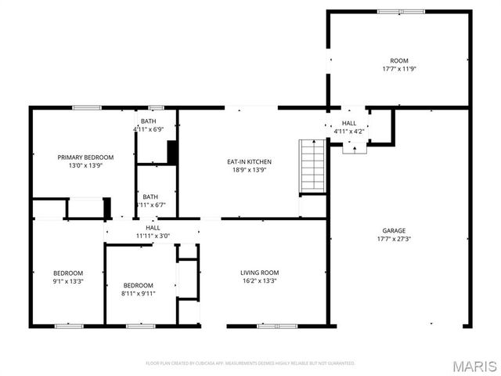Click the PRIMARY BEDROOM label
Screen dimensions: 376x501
pyautogui.click(x=86, y=157)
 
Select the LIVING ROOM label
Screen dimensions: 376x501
pyautogui.click(x=259, y=273)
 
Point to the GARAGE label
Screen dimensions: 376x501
pyautogui.click(x=394, y=231)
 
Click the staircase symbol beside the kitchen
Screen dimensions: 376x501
pyautogui.click(x=312, y=166)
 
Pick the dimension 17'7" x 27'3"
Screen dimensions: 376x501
pyautogui.click(x=394, y=240)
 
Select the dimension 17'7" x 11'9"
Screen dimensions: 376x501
pyautogui.click(x=399, y=69)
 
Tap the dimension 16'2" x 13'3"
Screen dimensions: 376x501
pyautogui.click(x=259, y=280)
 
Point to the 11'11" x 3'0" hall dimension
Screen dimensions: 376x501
pyautogui.click(x=153, y=235)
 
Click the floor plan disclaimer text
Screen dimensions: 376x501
pyautogui.click(x=250, y=363)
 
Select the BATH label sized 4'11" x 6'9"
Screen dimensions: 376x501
pyautogui.click(x=149, y=121)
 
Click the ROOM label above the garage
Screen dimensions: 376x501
pyautogui.click(x=399, y=60)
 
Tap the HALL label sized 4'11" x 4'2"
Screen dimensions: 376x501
pyautogui.click(x=349, y=123)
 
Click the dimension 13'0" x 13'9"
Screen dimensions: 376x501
pyautogui.click(x=86, y=165)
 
